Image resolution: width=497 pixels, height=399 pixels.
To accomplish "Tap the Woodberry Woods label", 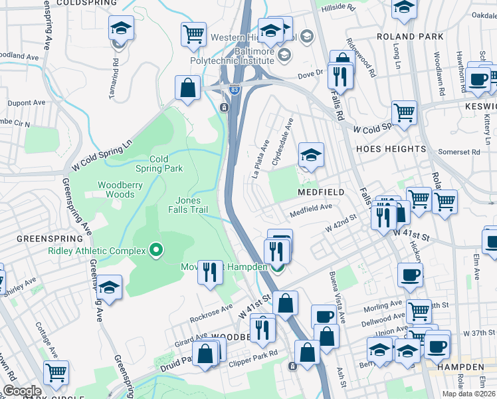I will [116, 190].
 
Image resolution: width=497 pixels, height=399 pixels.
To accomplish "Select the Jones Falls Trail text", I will [196, 205].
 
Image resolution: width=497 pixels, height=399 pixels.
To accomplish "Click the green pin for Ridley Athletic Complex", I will [156, 250].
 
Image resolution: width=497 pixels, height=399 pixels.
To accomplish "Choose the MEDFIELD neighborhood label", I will [320, 192].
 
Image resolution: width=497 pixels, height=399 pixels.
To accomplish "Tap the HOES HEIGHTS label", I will [390, 149].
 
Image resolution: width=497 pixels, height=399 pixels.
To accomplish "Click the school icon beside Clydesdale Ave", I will [310, 156].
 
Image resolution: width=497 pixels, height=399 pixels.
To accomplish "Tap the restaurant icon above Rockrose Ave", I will [210, 272].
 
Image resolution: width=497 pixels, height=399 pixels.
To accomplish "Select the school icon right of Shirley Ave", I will [110, 288].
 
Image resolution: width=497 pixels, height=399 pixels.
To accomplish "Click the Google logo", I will [22, 391].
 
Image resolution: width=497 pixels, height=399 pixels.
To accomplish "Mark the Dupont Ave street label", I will [27, 103].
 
